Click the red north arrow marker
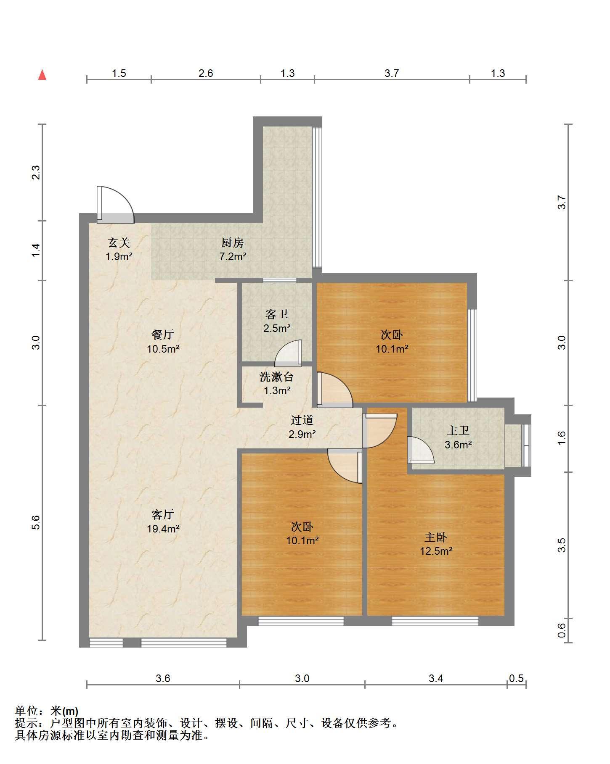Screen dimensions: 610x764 click(x=42, y=75)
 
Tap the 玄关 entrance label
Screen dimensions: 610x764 click(x=119, y=242)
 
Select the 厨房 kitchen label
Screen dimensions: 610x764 click(x=233, y=242)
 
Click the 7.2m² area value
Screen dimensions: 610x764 click(x=233, y=256)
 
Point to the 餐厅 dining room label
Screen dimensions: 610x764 click(x=163, y=335)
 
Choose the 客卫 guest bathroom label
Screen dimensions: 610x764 click(x=277, y=314)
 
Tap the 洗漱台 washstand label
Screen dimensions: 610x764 click(x=277, y=377)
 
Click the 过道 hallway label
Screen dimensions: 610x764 click(x=302, y=420)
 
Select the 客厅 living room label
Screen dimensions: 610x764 click(x=163, y=514)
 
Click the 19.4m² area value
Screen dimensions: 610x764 click(x=163, y=529)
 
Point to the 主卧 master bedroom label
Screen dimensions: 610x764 click(x=436, y=537)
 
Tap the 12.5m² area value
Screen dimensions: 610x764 click(x=436, y=551)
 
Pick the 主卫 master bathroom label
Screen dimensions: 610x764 click(x=458, y=430)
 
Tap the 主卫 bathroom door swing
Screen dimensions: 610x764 click(x=421, y=450)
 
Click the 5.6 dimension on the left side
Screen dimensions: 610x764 click(x=36, y=522)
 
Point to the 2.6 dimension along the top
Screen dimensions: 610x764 click(x=206, y=74)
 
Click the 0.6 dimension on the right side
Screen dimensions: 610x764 click(x=562, y=630)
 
